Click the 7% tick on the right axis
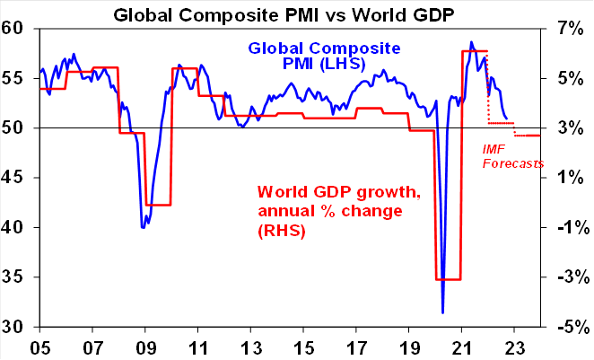(x=568, y=29)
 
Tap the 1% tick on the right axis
(x=568, y=178)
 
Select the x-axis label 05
(x=40, y=346)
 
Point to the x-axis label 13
(x=251, y=346)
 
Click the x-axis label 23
(x=514, y=346)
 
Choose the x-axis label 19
(x=409, y=346)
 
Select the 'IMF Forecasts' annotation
(x=512, y=156)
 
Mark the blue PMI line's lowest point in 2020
(x=442, y=312)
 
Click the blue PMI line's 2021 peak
(x=471, y=41)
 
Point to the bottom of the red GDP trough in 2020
(x=448, y=279)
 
